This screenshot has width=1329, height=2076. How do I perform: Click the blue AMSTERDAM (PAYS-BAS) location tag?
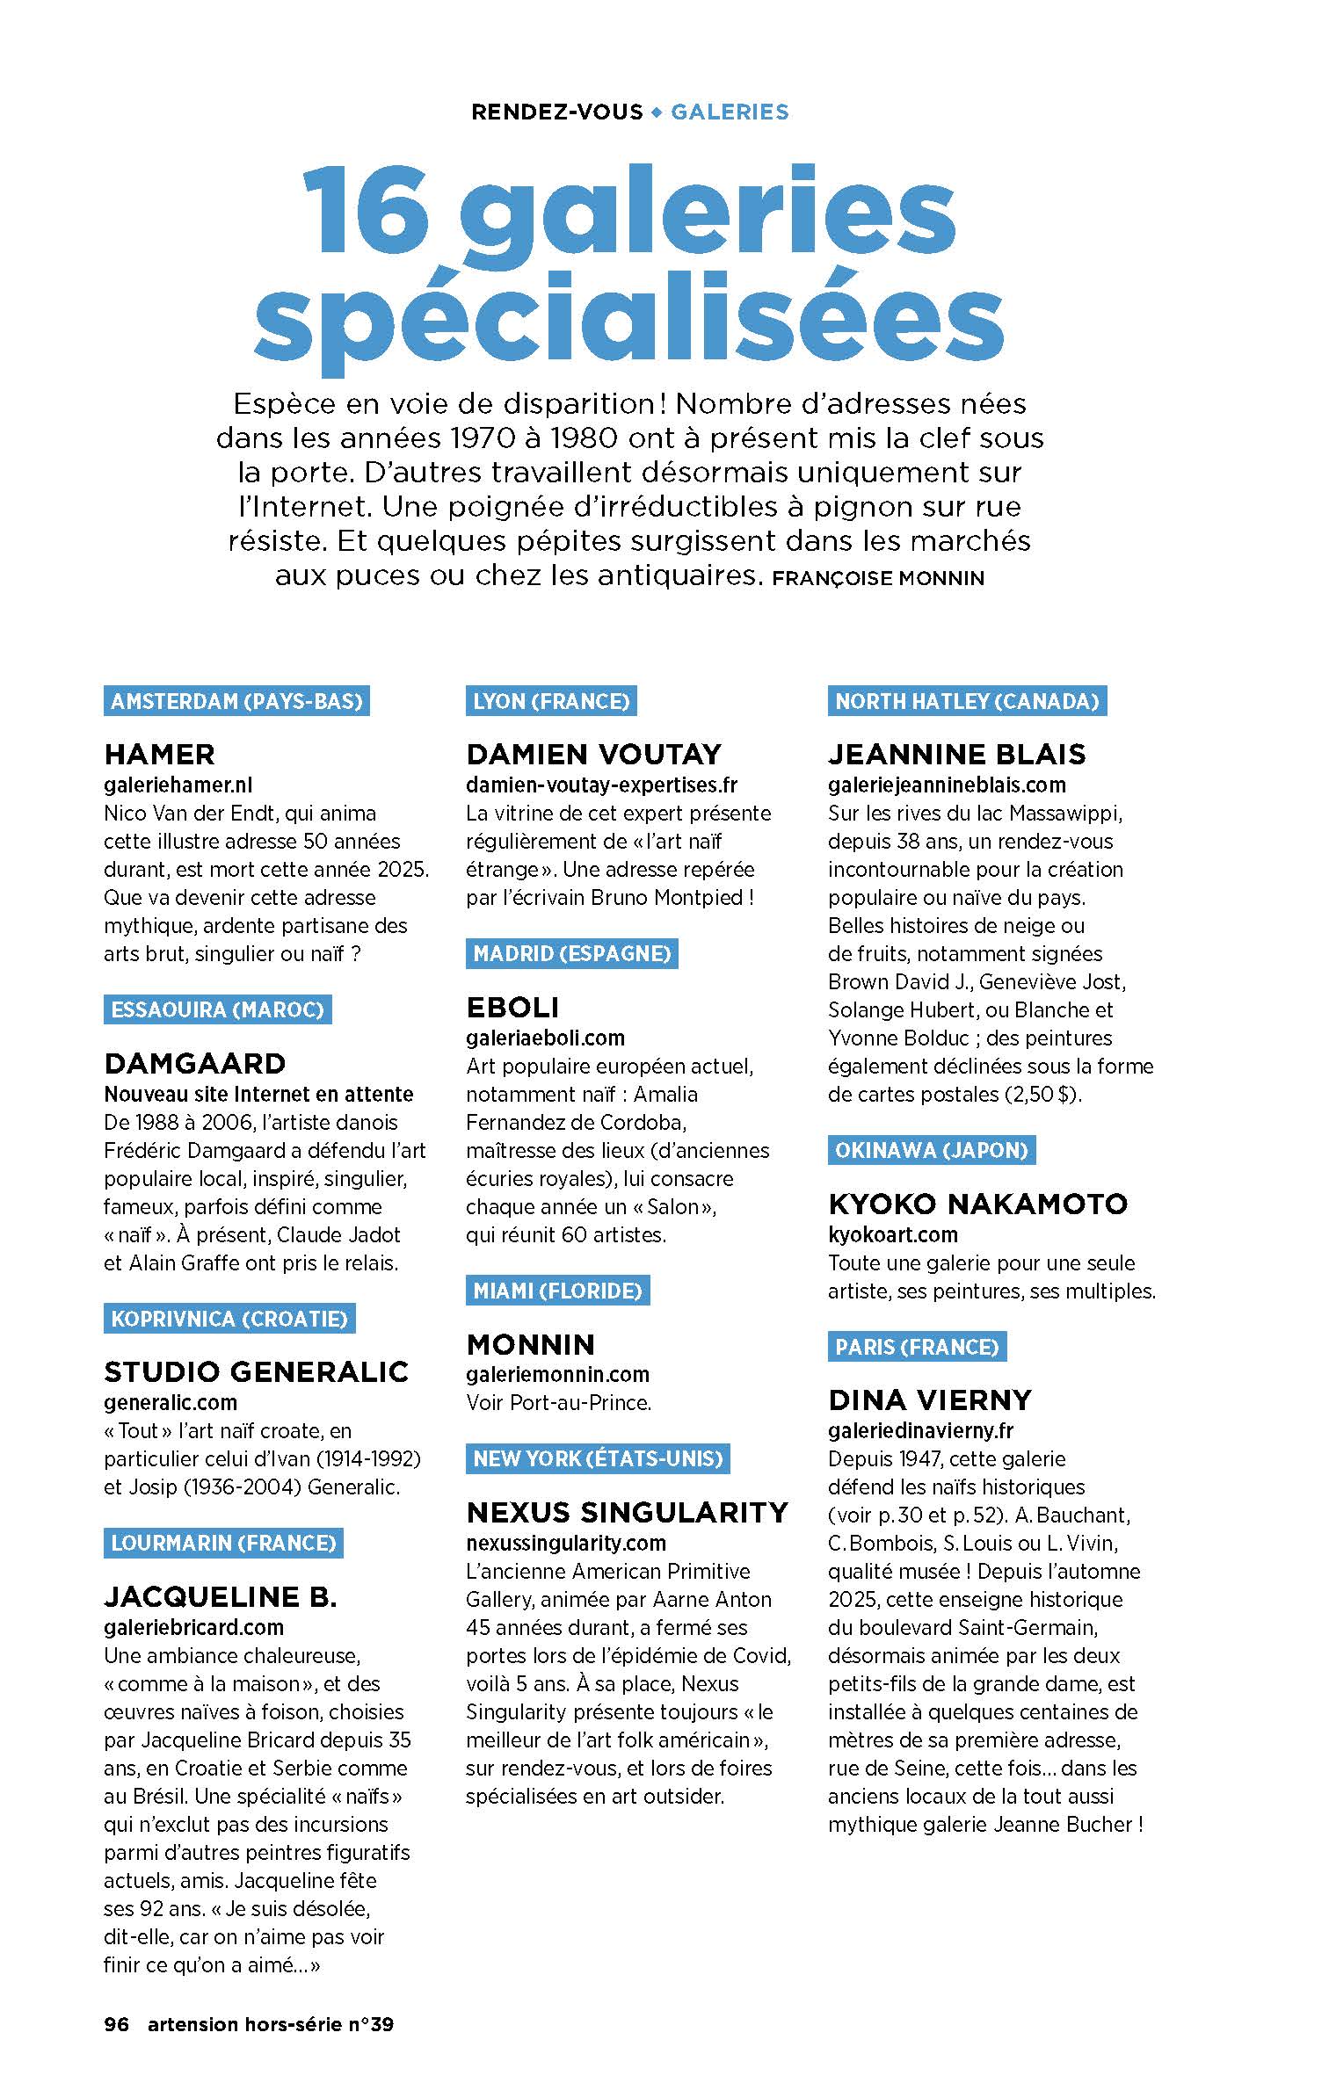click(236, 701)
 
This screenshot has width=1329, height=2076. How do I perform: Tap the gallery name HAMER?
click(159, 754)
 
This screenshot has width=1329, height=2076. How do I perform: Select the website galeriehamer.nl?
click(178, 785)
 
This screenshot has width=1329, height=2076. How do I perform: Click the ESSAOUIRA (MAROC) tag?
click(217, 1009)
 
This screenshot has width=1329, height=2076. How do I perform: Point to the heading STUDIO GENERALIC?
click(256, 1371)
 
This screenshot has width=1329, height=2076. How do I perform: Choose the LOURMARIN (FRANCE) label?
click(223, 1543)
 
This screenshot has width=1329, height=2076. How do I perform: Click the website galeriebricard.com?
click(193, 1627)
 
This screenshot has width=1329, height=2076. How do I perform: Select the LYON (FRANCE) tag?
click(551, 701)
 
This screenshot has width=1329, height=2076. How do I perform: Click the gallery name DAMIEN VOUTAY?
click(593, 754)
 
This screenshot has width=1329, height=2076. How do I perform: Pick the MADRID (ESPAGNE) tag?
click(571, 953)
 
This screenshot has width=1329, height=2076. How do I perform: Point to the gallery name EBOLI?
click(512, 1007)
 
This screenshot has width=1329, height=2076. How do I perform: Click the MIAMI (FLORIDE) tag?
click(557, 1291)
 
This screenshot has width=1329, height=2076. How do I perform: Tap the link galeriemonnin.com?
click(557, 1374)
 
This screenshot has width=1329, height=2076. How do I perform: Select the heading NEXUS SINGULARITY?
click(628, 1512)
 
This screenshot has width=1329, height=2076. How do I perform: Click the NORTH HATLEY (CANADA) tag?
click(967, 701)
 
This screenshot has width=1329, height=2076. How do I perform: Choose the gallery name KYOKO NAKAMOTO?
click(977, 1204)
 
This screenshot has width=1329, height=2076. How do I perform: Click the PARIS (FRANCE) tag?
click(917, 1347)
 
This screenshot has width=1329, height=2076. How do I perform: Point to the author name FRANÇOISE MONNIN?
click(876, 578)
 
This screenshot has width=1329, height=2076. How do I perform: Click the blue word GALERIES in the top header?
click(730, 112)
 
